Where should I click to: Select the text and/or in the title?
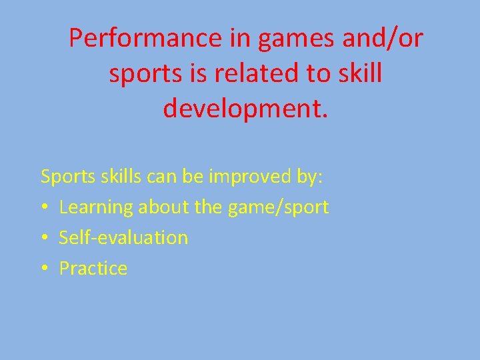[x=382, y=39]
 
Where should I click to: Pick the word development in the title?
[x=245, y=107]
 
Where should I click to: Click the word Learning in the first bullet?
[x=96, y=207]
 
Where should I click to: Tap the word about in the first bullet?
[x=163, y=207]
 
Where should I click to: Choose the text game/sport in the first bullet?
[x=278, y=207]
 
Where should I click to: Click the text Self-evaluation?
[x=123, y=237]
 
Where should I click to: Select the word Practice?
[x=93, y=268]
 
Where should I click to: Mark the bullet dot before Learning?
[x=44, y=207]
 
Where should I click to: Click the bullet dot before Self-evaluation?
[x=44, y=238]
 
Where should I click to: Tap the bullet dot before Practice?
[x=44, y=269]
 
